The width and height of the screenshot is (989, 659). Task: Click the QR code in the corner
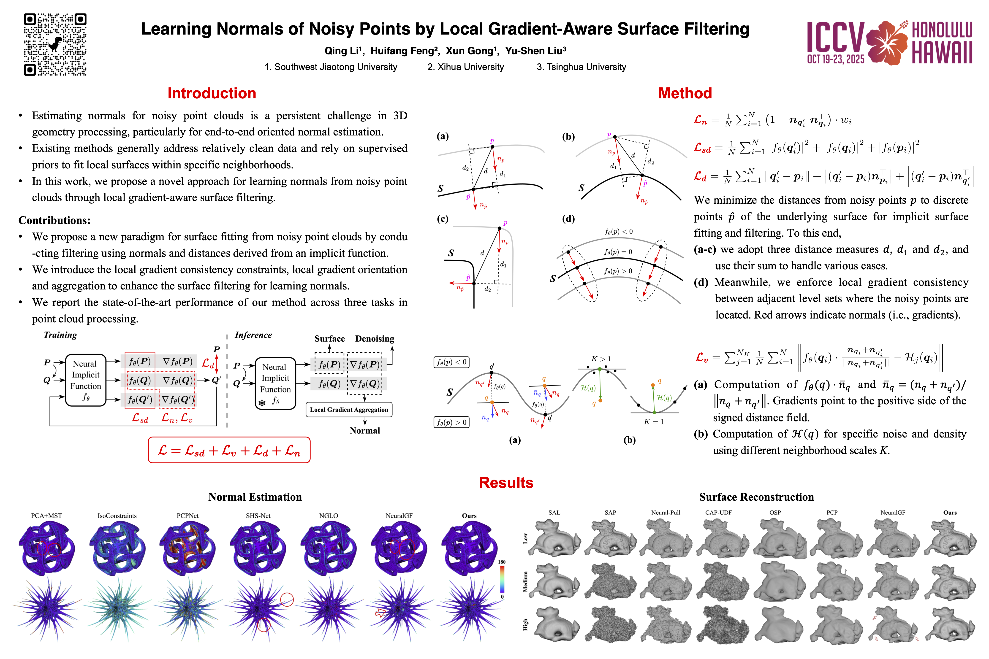tap(55, 45)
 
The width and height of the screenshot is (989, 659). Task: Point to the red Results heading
tap(506, 483)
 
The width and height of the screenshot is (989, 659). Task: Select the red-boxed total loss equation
tap(229, 450)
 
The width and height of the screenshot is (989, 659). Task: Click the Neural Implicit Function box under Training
tap(86, 380)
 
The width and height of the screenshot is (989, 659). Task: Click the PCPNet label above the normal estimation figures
tap(187, 516)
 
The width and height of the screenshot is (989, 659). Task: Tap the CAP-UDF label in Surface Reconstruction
tap(719, 513)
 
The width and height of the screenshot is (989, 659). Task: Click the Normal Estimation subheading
tap(255, 497)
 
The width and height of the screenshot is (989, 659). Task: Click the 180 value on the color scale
tap(502, 562)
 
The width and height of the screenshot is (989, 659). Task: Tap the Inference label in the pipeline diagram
tap(253, 335)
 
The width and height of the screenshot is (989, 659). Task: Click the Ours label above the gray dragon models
tap(950, 513)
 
